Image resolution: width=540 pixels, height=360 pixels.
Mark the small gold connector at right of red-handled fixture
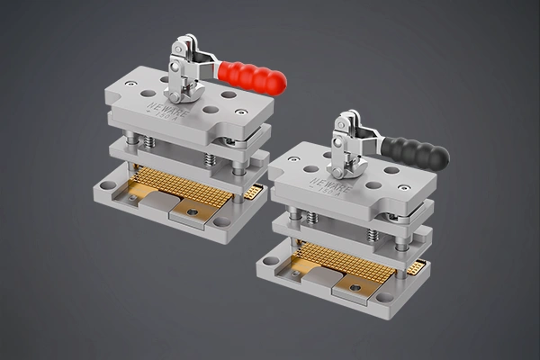click(255, 191)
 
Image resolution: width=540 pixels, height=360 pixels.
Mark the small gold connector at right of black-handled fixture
click(416, 266)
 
